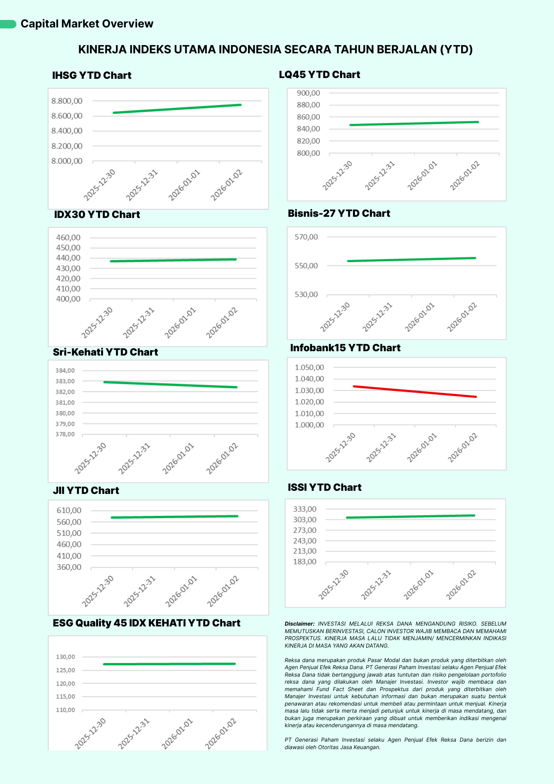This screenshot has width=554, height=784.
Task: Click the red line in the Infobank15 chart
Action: click(x=415, y=392)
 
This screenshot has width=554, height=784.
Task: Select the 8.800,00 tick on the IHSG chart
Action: click(x=67, y=101)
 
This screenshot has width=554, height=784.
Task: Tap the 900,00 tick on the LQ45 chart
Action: click(x=308, y=93)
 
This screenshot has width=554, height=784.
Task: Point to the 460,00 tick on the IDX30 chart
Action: click(x=68, y=238)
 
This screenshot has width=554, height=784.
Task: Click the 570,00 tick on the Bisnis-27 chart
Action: click(x=306, y=237)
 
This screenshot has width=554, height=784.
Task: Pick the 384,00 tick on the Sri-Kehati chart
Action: click(x=65, y=371)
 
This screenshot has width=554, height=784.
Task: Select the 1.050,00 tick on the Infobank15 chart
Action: click(x=309, y=368)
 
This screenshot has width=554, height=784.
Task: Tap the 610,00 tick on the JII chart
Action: click(x=69, y=510)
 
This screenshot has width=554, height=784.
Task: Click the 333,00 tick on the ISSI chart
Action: click(x=304, y=509)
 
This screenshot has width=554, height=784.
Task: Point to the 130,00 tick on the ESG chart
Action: click(x=65, y=657)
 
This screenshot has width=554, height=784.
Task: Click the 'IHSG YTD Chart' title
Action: click(x=92, y=76)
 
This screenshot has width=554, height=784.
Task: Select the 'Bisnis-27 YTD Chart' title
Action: click(x=339, y=214)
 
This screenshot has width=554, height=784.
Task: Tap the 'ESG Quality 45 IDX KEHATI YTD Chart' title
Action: click(x=147, y=623)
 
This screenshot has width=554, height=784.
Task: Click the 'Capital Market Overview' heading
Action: click(x=87, y=24)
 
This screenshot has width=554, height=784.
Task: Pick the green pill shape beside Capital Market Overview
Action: click(x=8, y=24)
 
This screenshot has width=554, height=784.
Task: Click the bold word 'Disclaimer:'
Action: click(x=299, y=624)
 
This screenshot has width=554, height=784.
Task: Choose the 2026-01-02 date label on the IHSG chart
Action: click(x=227, y=185)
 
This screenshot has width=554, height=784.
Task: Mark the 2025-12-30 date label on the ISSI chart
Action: click(x=333, y=584)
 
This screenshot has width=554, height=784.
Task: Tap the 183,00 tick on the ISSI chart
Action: click(x=304, y=562)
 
